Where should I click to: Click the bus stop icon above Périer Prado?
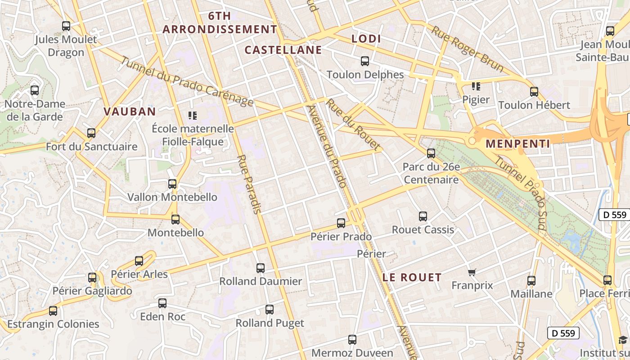pyautogui.click(x=341, y=223)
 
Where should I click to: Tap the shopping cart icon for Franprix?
pyautogui.click(x=472, y=272)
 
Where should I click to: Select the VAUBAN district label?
pyautogui.click(x=130, y=112)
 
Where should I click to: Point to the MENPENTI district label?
pyautogui.click(x=518, y=144)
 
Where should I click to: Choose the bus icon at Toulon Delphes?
pyautogui.click(x=365, y=61)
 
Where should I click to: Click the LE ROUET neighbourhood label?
pyautogui.click(x=412, y=277)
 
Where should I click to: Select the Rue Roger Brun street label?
pyautogui.click(x=468, y=49)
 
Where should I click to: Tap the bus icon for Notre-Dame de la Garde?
pyautogui.click(x=35, y=90)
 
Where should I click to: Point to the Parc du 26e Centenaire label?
pyautogui.click(x=431, y=173)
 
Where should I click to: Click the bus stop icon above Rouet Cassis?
pyautogui.click(x=423, y=216)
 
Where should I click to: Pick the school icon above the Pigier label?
pyautogui.click(x=476, y=86)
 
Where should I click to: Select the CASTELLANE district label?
pyautogui.click(x=283, y=50)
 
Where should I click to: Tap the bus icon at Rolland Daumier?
pyautogui.click(x=261, y=268)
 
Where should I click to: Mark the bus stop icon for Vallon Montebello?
pyautogui.click(x=172, y=184)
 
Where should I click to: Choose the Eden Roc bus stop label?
pyautogui.click(x=162, y=317)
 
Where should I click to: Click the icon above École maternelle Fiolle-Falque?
pyautogui.click(x=193, y=116)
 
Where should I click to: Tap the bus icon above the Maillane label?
pyautogui.click(x=531, y=281)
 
